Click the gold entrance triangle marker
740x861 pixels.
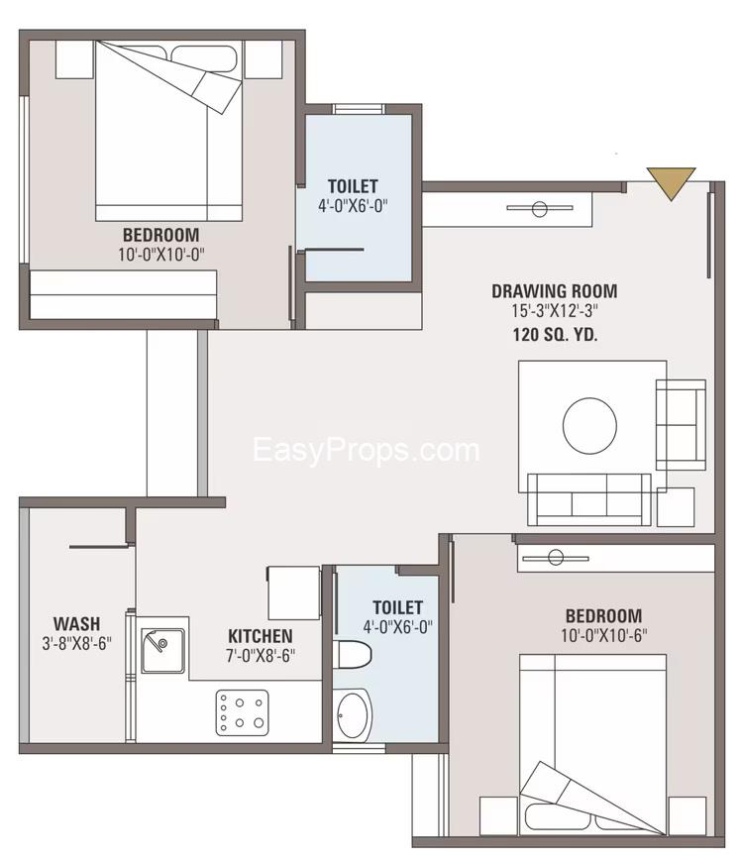pos(671,181)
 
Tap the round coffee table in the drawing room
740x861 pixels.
pos(589,426)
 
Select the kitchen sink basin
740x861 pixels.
pos(163,650)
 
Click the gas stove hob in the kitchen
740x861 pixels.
pos(242,712)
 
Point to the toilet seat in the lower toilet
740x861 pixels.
pos(353,654)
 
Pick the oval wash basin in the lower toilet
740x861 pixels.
pos(352,715)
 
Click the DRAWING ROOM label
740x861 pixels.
pos(555,291)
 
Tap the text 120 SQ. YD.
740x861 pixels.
pos(555,335)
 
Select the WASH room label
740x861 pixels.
pos(77,624)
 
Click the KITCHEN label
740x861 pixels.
pos(261,636)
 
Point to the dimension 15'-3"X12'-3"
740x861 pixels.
pos(555,311)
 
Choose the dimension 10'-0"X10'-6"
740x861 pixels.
pos(604,636)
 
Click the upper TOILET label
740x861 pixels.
pos(353,186)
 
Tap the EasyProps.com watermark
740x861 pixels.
pos(367,450)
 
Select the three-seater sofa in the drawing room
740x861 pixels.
pos(589,499)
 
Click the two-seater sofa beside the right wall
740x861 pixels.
pos(681,424)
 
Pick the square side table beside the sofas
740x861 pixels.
pos(676,507)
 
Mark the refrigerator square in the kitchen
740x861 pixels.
pos(293,593)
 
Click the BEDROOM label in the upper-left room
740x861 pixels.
pos(160,235)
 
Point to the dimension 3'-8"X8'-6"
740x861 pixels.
pos(77,643)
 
